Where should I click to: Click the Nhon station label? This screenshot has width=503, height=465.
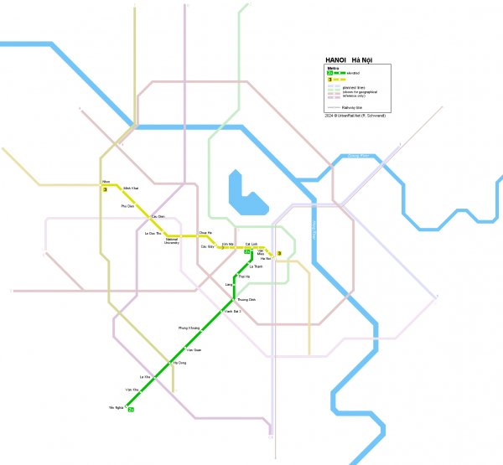(x=105, y=181)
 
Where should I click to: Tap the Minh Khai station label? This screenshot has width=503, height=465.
(x=129, y=188)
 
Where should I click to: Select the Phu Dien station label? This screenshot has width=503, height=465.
(x=127, y=205)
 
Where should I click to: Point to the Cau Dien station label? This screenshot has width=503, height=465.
(x=157, y=216)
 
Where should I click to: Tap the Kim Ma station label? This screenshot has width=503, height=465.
(x=226, y=243)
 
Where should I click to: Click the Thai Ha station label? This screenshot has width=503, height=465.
(x=244, y=276)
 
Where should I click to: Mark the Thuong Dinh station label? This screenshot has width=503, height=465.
(x=247, y=299)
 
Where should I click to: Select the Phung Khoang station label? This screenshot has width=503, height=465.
(x=189, y=328)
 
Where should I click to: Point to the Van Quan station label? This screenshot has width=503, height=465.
(x=194, y=349)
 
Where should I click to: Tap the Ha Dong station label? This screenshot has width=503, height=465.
(x=179, y=363)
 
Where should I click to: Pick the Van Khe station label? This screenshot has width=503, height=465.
(x=131, y=390)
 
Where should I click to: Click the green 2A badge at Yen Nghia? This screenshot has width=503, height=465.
(x=131, y=409)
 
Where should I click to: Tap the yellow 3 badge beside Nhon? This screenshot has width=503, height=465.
(x=105, y=190)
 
